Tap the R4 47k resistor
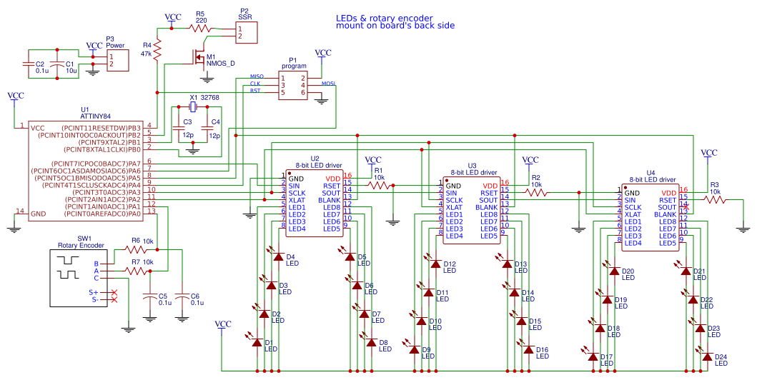tap(157, 50)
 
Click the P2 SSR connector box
tap(245, 32)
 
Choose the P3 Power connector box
tap(117, 60)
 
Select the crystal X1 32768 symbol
tap(192, 107)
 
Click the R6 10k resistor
tap(135, 250)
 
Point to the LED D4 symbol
tap(278, 255)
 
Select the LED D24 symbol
tap(707, 355)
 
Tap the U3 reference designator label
tap(472, 165)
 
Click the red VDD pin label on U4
tap(668, 193)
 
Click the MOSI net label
tap(328, 84)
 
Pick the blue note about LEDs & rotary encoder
tap(395, 21)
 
